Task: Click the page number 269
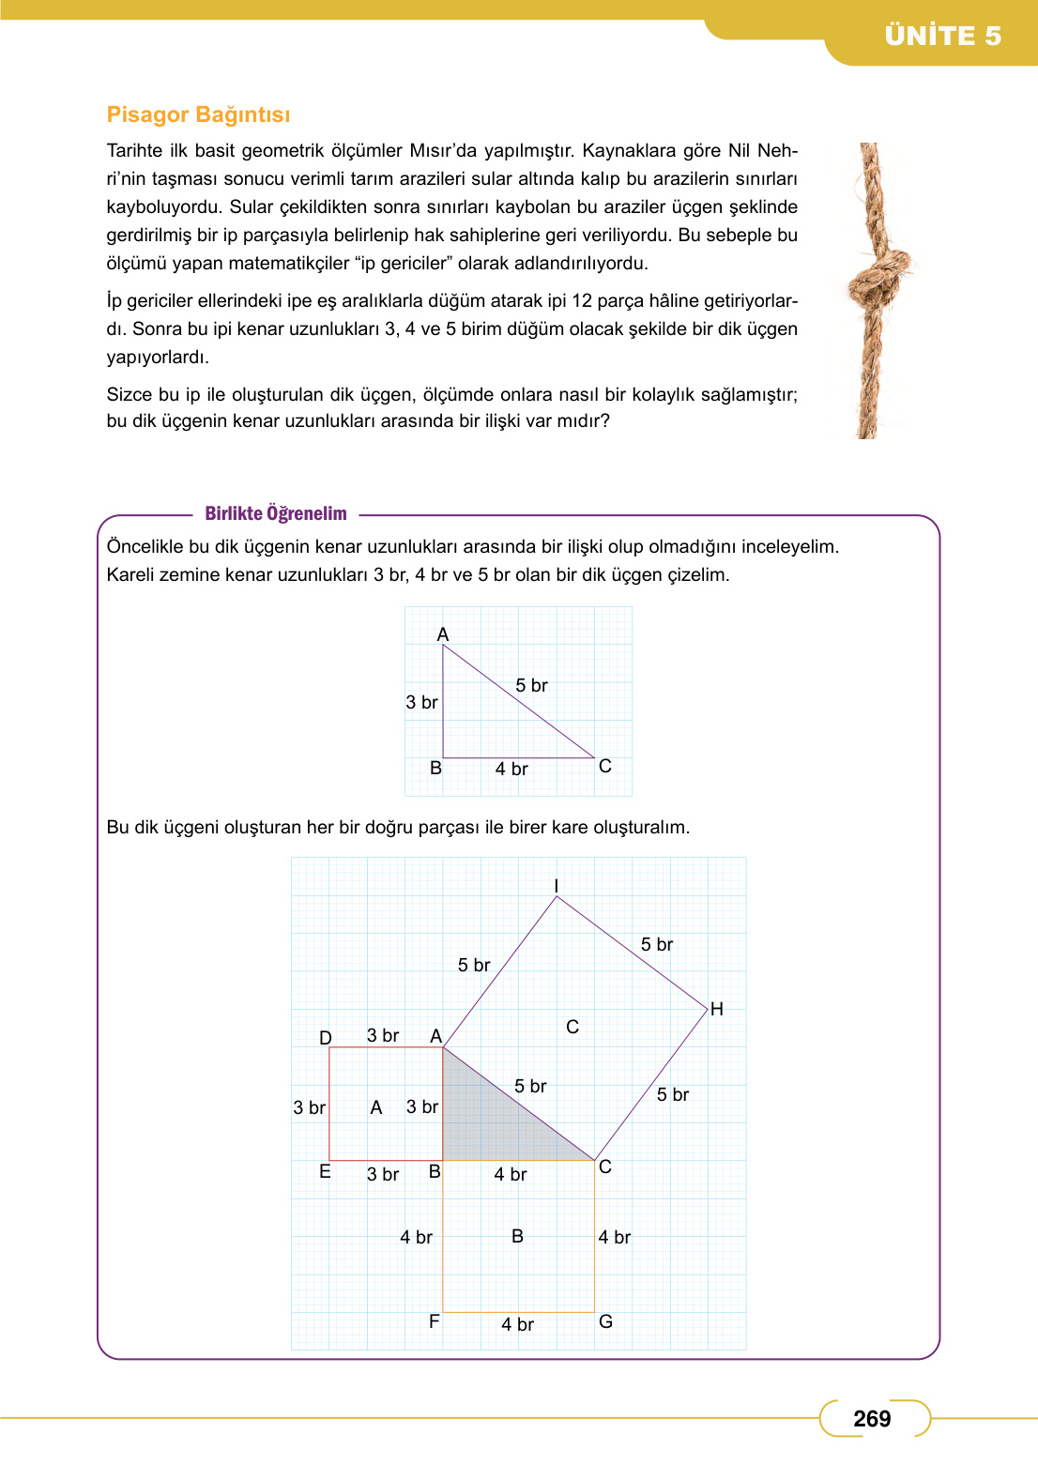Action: (872, 1419)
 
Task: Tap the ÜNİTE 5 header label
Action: (942, 36)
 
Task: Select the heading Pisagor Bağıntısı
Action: (198, 114)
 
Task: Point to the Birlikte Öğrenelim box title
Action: (276, 513)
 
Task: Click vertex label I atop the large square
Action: (557, 885)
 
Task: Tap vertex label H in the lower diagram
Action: (717, 1009)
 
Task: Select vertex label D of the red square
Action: (326, 1037)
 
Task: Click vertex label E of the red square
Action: (325, 1171)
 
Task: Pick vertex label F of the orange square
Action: (434, 1321)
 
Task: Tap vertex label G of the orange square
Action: (605, 1321)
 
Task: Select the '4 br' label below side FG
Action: (517, 1324)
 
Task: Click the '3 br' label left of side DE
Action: (309, 1107)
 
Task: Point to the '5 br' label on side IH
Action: (657, 944)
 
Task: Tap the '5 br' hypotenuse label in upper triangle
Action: (531, 685)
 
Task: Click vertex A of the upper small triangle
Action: (443, 635)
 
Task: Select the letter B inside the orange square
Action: (517, 1236)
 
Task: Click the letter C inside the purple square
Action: (572, 1027)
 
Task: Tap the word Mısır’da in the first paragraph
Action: (443, 150)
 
